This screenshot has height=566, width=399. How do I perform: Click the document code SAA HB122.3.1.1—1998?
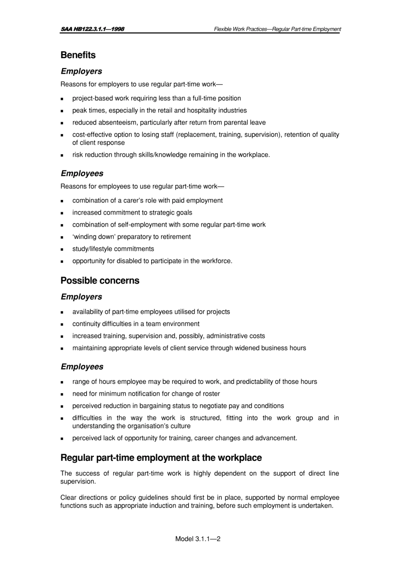92,29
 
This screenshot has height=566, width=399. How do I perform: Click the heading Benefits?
78,55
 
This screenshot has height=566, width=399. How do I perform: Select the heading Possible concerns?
100,281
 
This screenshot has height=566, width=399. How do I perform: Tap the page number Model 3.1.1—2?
198,539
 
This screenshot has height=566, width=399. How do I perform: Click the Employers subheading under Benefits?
81,72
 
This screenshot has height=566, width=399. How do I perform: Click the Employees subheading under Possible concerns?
82,367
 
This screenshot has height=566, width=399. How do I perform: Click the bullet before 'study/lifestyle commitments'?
62,249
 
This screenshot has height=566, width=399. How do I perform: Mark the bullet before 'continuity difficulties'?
62,324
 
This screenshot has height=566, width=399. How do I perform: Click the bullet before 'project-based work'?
62,99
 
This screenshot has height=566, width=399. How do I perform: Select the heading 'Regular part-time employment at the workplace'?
161,458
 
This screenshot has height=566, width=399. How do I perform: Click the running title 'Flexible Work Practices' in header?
240,29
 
